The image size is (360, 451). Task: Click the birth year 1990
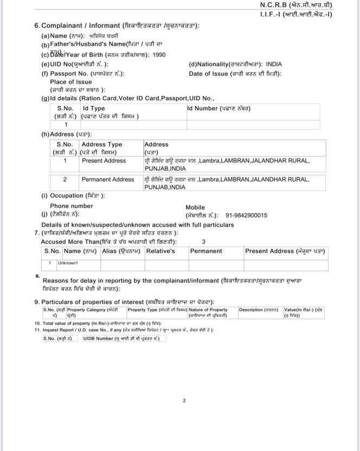159,55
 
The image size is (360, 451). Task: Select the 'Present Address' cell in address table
104,161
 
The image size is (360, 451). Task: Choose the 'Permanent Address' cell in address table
108,179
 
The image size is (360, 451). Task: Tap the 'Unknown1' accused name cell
69,263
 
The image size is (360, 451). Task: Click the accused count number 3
203,242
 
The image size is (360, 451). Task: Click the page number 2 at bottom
184,401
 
